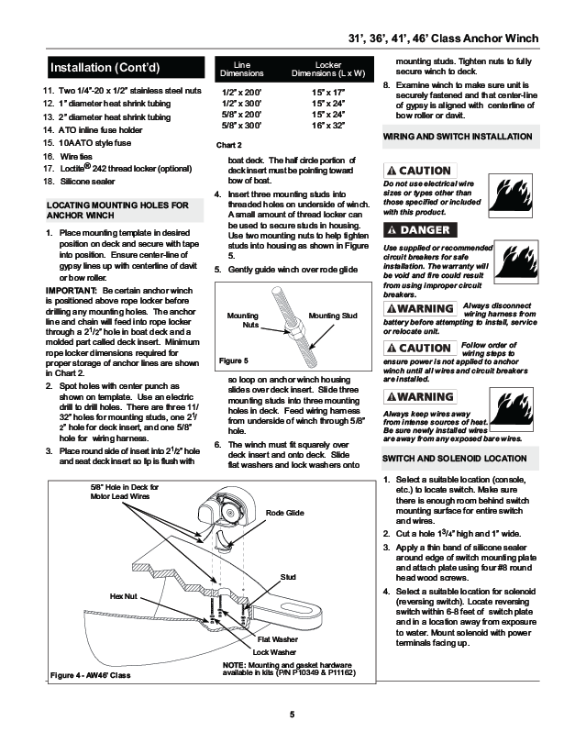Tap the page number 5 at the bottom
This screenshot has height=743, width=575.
290,715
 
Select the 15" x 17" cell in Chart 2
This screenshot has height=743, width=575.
326,92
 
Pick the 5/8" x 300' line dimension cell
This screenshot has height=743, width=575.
241,125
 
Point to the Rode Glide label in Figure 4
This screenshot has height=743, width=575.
284,512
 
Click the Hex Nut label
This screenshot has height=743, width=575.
124,596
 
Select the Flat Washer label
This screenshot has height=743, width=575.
276,638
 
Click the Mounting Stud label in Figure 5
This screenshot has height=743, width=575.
333,316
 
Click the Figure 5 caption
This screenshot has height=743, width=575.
234,360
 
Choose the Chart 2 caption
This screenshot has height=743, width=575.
228,146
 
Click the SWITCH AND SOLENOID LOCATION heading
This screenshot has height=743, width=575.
454,458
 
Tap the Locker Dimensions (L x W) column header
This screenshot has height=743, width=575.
327,68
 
